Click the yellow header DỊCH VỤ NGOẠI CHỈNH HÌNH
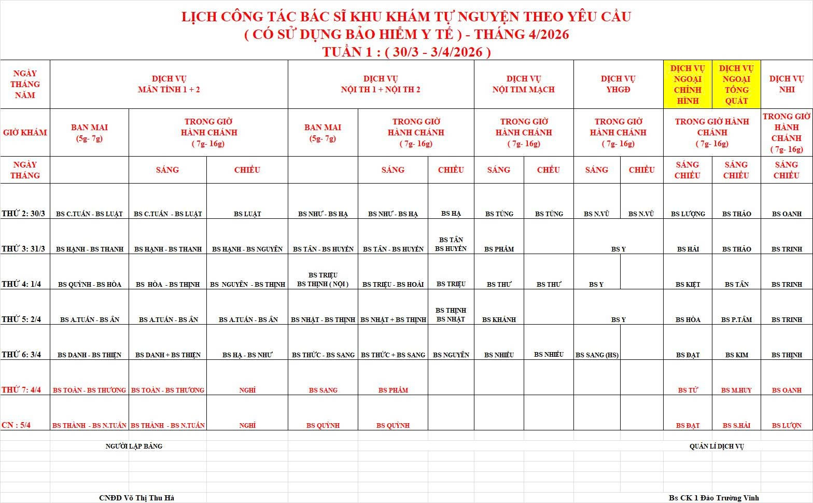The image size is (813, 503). tap(688, 85)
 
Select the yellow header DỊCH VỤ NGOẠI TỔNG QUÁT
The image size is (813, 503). tap(736, 85)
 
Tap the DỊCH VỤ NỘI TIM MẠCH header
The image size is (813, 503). tap(524, 84)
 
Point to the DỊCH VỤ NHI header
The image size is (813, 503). tap(786, 84)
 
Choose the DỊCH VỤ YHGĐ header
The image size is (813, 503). tap(618, 84)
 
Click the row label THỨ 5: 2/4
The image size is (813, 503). tap(21, 319)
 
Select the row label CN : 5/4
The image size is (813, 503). tap(16, 425)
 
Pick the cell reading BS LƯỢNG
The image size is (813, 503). tap(688, 214)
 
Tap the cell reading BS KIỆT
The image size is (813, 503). tap(688, 284)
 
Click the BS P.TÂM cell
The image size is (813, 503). tap(736, 319)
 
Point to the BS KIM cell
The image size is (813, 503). tap(736, 355)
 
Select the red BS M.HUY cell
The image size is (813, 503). tap(736, 390)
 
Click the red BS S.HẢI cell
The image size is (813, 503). tap(736, 425)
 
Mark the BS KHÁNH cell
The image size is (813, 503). tap(499, 319)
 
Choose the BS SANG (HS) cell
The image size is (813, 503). tap(597, 355)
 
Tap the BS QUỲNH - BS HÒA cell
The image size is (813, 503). tap(90, 284)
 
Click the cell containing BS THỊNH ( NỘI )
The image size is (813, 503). tap(323, 284)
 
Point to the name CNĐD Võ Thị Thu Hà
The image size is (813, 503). tap(137, 498)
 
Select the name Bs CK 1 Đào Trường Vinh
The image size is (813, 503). tap(713, 498)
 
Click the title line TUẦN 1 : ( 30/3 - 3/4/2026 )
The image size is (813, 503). tap(406, 52)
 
